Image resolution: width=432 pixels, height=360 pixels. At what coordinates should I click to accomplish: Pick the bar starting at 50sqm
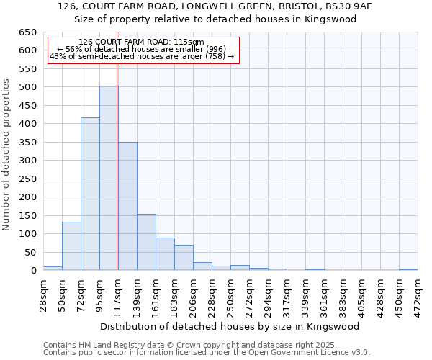71,246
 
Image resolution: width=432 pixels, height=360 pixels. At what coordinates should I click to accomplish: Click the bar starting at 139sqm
146,242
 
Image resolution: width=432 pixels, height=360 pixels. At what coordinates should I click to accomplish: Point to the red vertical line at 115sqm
117,166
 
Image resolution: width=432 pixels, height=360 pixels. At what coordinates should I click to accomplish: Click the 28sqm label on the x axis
43,292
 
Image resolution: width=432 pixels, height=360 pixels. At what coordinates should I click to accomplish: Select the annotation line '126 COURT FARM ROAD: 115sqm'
142,42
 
